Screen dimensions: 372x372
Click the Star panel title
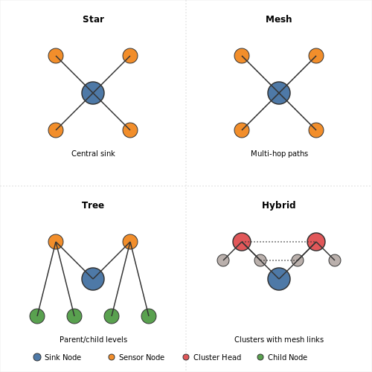[x=93, y=19]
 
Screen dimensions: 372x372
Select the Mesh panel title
[x=279, y=19]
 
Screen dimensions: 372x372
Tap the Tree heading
[x=93, y=205]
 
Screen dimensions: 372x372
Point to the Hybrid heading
[x=279, y=205]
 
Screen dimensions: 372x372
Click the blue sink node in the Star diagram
[x=93, y=93]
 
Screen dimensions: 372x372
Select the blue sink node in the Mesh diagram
[x=279, y=93]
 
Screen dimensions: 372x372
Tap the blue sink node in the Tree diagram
[x=93, y=279]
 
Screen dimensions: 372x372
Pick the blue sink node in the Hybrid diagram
[x=279, y=279]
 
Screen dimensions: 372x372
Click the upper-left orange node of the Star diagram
[x=56, y=56]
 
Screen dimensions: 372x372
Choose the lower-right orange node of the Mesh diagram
[x=316, y=130]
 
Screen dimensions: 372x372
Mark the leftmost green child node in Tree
[x=37, y=316]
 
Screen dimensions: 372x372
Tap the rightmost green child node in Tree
[x=149, y=316]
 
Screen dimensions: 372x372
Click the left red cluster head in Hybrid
[x=242, y=242]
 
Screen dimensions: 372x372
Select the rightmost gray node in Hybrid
[x=335, y=260]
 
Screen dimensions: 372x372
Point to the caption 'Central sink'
[x=93, y=153]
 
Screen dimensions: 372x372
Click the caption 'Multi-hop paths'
[x=279, y=154]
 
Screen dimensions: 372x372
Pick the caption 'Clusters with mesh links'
[x=279, y=339]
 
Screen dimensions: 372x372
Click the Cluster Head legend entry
[x=212, y=357]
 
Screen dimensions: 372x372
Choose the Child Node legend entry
[x=282, y=357]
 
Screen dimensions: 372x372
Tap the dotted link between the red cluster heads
[x=279, y=242]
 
